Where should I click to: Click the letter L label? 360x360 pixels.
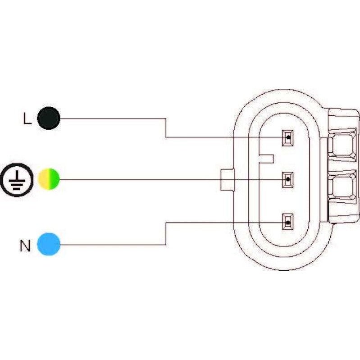pos(27,118)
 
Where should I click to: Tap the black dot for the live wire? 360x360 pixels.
pos(48,118)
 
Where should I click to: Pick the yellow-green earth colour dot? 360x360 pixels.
pos(48,179)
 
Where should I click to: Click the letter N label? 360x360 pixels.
pos(25,246)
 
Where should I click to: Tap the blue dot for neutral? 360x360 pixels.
pos(48,244)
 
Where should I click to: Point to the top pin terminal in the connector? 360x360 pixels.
pos(287,137)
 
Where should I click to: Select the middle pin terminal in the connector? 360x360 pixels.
pos(287,180)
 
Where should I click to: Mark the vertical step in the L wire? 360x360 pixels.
pos(166,128)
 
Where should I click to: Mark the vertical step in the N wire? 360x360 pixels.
pos(166,233)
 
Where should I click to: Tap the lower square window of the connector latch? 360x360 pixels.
pos(345,188)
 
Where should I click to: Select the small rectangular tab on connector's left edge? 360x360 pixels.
pos(227,179)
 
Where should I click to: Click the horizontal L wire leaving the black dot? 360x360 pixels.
pos(113,119)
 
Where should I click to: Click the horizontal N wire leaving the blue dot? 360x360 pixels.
pos(113,245)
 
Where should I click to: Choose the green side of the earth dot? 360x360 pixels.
pos(55,179)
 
